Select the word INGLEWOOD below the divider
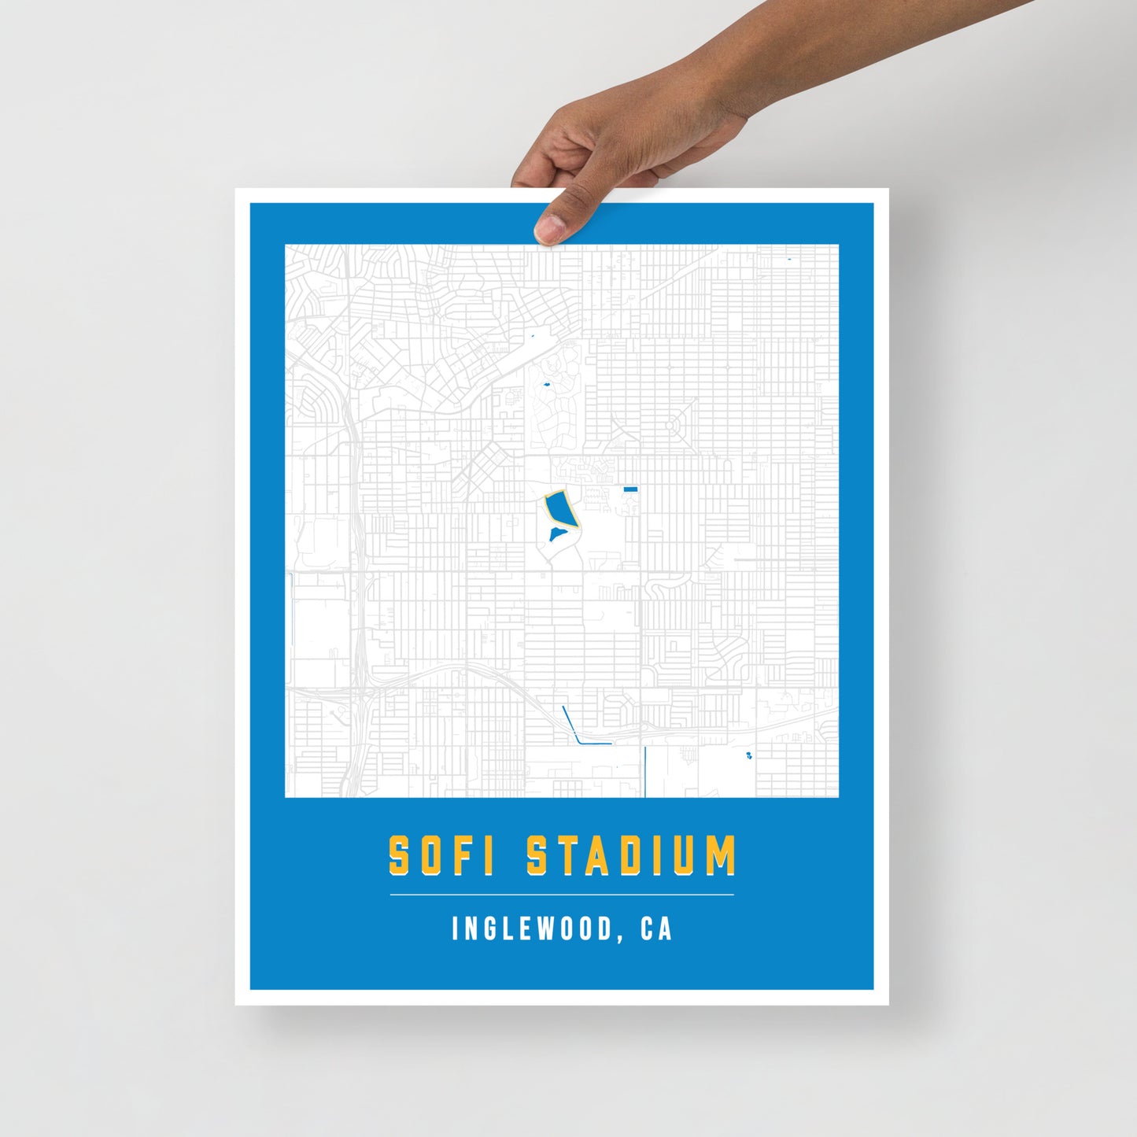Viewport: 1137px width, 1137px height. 532,929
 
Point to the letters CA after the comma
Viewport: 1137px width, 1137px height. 656,929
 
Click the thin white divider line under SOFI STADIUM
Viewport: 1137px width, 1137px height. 562,895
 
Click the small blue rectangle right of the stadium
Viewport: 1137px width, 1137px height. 630,489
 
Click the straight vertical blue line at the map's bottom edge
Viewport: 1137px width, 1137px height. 645,771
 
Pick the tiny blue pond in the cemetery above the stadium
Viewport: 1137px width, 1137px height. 545,385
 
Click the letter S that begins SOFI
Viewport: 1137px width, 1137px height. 400,855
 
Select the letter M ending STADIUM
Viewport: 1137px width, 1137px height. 720,855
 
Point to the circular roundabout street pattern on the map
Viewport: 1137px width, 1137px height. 673,425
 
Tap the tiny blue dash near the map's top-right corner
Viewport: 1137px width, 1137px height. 788,258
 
